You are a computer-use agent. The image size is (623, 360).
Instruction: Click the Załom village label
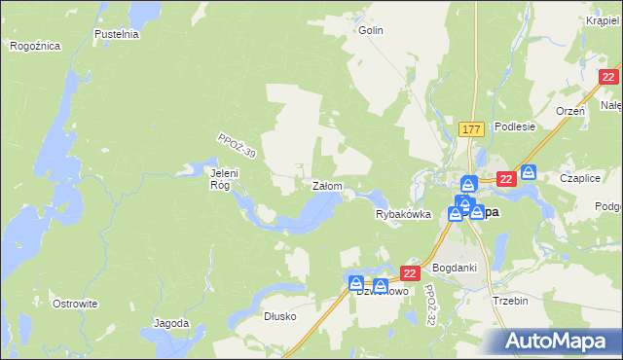point(324,185)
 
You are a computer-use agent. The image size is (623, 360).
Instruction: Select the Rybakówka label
point(403,215)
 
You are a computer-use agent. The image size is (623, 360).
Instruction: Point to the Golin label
point(371,30)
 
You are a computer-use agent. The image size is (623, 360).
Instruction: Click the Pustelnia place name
point(118,34)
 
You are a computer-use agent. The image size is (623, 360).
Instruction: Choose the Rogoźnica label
point(35,46)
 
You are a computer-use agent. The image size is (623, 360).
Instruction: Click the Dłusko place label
point(279,316)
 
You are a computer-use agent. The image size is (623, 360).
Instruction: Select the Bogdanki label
point(453,267)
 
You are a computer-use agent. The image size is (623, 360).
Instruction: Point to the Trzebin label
point(510,301)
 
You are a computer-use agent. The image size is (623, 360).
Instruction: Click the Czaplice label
point(578,178)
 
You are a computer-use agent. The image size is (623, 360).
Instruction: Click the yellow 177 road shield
point(472,129)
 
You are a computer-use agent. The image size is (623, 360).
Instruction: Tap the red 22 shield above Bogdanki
point(410,274)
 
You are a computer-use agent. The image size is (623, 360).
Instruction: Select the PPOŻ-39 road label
point(236,147)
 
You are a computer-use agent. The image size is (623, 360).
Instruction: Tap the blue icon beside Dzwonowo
point(357,282)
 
